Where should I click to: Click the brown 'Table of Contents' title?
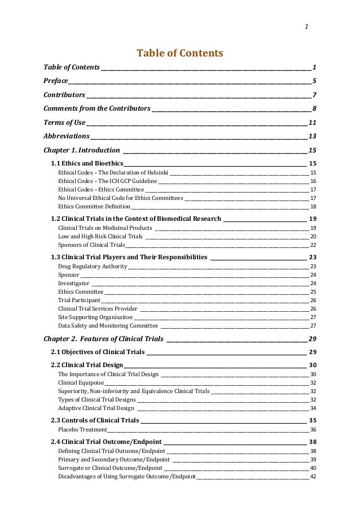pos(181,54)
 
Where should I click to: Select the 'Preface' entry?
pos(56,80)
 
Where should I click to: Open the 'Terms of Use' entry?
pos(64,123)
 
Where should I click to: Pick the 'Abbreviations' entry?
pos(66,137)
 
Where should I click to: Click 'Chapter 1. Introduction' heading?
pos(81,151)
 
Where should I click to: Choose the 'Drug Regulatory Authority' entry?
pos(92,266)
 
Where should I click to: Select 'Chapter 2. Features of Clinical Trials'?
pos(104,339)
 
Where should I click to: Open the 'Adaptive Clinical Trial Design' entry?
pos(96,408)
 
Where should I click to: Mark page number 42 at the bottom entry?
pos(313,477)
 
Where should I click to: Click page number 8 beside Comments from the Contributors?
pos(314,108)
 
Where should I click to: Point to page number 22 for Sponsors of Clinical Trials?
pos(313,245)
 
